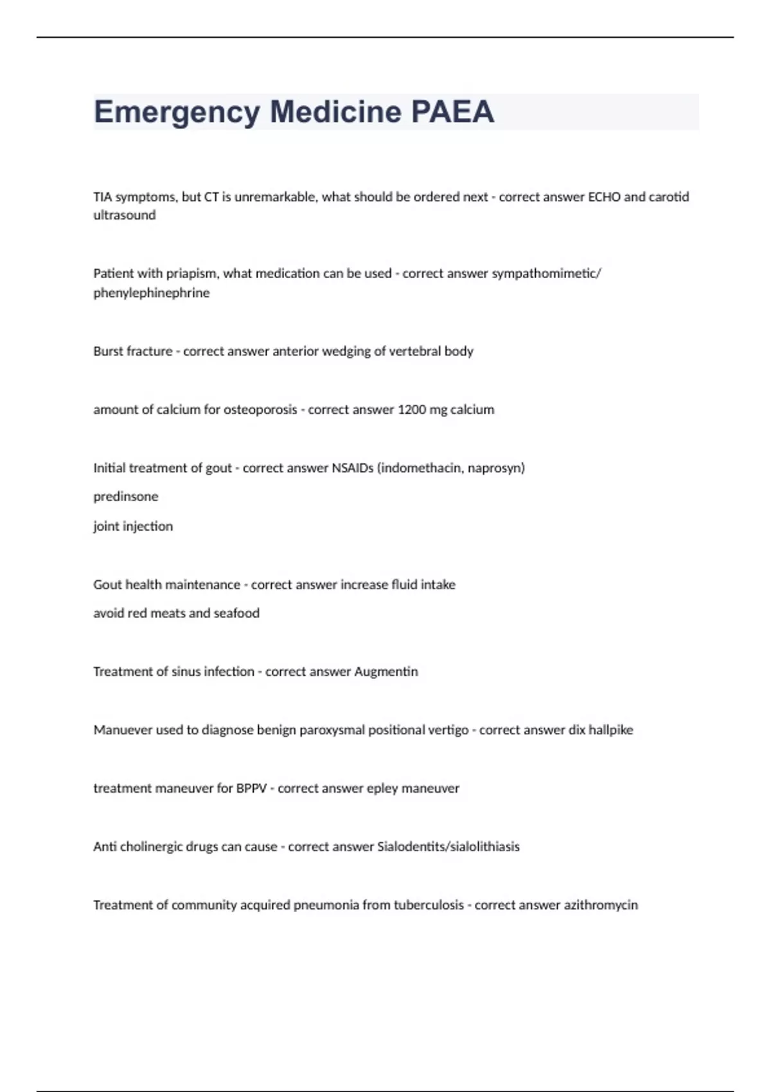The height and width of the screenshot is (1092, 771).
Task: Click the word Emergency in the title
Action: tap(177, 112)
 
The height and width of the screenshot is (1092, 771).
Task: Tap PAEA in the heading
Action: tap(452, 112)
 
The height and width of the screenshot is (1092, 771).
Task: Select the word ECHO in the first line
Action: tap(604, 197)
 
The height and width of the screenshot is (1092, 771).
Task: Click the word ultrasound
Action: tap(125, 215)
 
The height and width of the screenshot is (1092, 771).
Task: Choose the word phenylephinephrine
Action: tap(152, 293)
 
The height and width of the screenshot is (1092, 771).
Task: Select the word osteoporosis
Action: tap(260, 410)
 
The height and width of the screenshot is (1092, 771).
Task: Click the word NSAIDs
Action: tap(352, 468)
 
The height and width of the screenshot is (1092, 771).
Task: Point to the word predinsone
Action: tap(126, 497)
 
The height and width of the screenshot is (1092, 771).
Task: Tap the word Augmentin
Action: tap(386, 672)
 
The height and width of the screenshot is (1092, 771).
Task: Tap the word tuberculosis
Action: tap(429, 905)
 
